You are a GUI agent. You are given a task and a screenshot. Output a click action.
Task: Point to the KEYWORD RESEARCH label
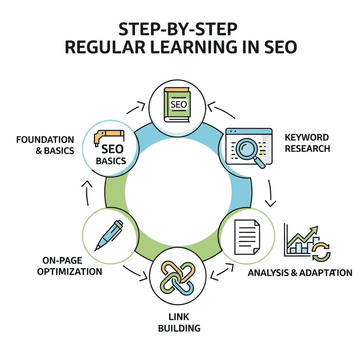click(x=307, y=143)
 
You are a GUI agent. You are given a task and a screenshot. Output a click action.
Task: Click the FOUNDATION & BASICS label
click(x=45, y=145)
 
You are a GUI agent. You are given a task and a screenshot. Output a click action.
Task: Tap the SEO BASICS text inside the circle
click(x=111, y=155)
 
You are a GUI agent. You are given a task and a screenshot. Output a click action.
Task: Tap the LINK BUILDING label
click(x=179, y=323)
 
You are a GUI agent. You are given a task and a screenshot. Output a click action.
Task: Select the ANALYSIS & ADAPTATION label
click(x=300, y=273)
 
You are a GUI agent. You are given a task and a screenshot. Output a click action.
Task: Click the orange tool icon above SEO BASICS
click(x=109, y=137)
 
